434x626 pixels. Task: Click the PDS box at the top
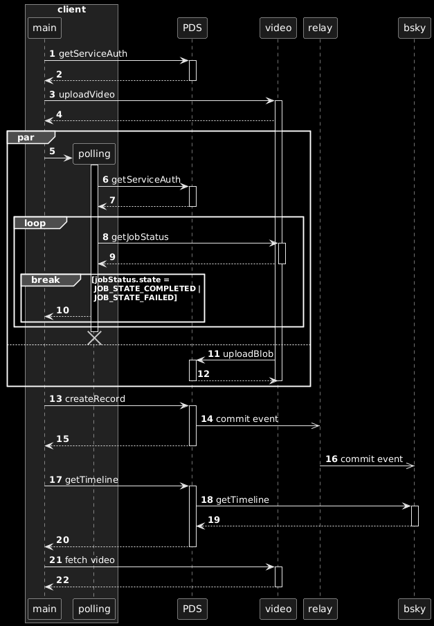[x=192, y=28]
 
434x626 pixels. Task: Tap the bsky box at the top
[x=413, y=28]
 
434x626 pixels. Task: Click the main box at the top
[x=44, y=28]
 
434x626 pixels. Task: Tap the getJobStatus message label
[x=140, y=237]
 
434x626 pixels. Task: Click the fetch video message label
[x=90, y=559]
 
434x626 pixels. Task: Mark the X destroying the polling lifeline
[x=95, y=338]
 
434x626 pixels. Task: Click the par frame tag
[x=25, y=137]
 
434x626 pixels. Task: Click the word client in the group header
[x=72, y=9]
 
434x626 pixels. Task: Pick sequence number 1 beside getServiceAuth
[x=52, y=53]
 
